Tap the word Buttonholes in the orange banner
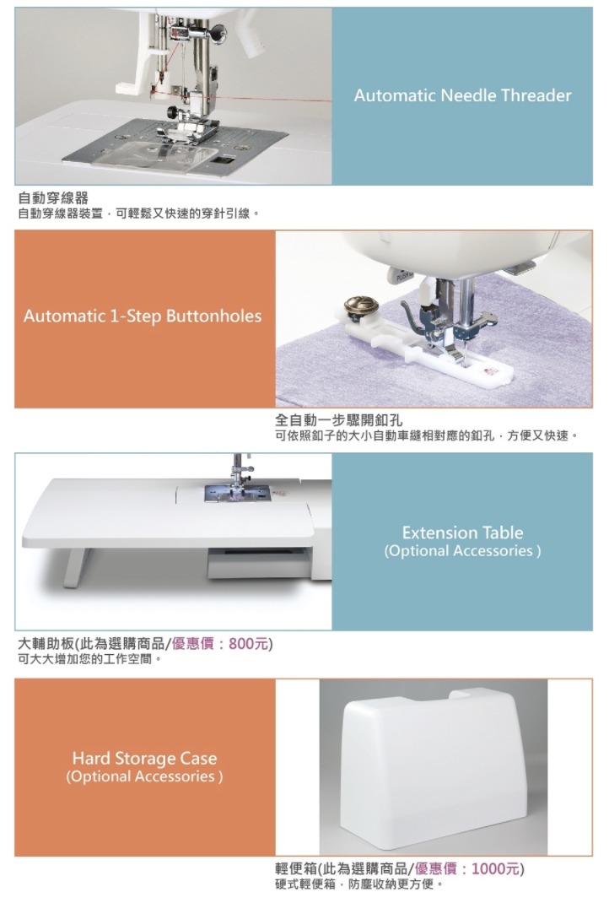(213, 316)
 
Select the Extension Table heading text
(463, 533)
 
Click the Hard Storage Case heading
(144, 758)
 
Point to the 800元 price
(249, 643)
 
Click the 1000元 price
(496, 868)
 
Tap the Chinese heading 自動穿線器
(53, 198)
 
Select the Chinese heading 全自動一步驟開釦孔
(338, 420)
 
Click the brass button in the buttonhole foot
(361, 306)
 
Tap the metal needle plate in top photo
(175, 147)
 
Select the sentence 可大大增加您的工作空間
(89, 659)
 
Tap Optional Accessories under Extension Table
(463, 551)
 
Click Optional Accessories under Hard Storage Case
(144, 776)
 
